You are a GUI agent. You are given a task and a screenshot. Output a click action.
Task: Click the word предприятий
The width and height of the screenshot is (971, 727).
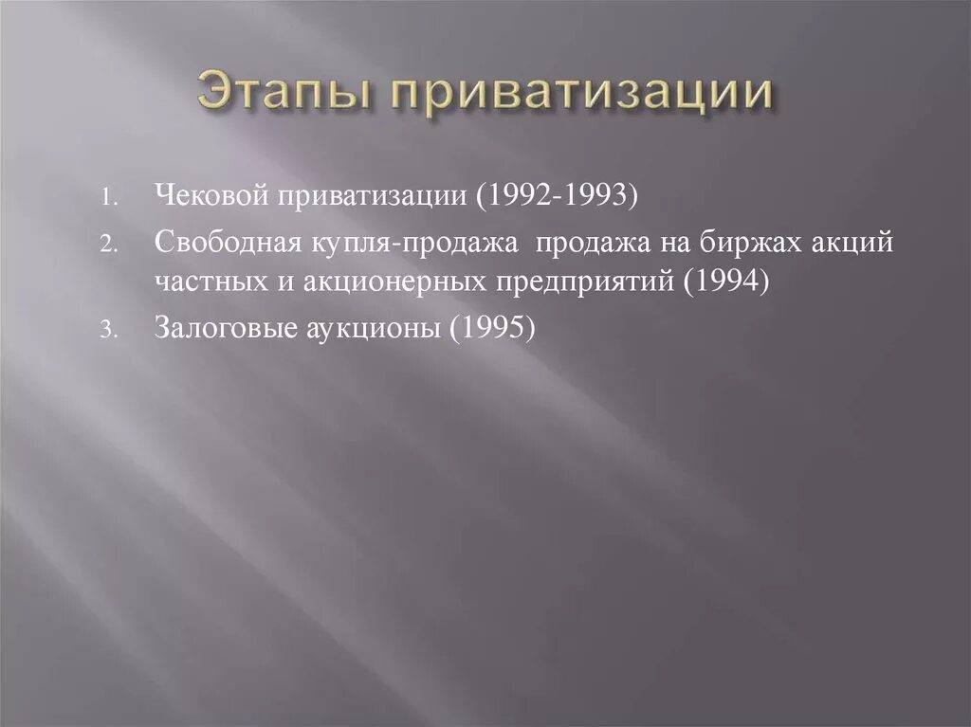583,282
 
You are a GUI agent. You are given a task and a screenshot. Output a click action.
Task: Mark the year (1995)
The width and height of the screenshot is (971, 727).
494,327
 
